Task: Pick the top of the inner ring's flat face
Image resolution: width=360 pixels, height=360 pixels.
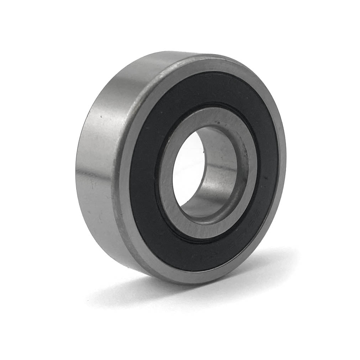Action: (213, 116)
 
